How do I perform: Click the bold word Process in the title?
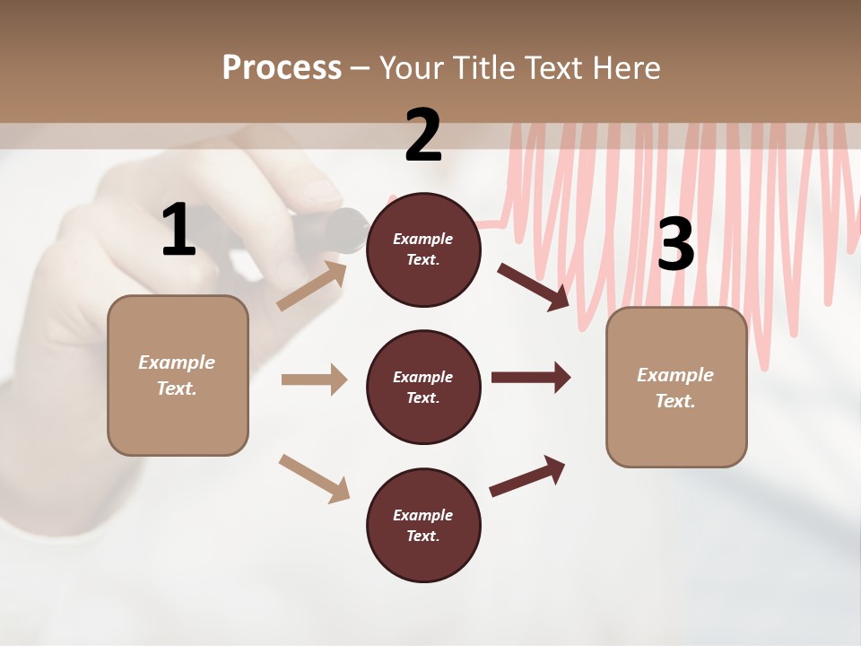tap(282, 67)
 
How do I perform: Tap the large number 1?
tap(178, 231)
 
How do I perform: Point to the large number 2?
tap(423, 135)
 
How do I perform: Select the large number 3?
tap(676, 244)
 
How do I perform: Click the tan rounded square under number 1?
tap(178, 375)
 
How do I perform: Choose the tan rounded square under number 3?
tap(676, 387)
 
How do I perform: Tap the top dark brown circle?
tap(423, 249)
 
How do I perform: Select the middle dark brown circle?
tap(423, 388)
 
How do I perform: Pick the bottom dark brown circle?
tap(423, 526)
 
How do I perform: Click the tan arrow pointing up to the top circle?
tap(312, 286)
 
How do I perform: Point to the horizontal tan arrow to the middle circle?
tap(314, 380)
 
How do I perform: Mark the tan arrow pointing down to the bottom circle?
tap(314, 478)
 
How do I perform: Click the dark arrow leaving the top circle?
tap(535, 286)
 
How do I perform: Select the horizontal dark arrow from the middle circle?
tap(531, 377)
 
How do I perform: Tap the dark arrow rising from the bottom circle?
tap(527, 476)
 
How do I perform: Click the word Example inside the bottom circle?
tap(422, 515)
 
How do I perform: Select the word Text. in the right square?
tap(675, 401)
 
